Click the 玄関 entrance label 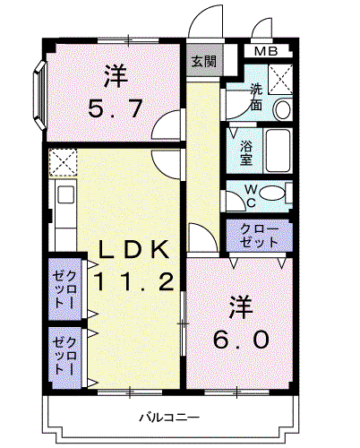point(203,62)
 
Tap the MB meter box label point(266,51)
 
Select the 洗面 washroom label point(256,97)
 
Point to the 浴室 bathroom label point(246,152)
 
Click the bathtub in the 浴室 point(279,151)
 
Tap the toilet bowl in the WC point(272,193)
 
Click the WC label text point(251,196)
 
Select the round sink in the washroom point(282,109)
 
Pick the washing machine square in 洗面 point(280,79)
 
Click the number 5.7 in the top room point(115,108)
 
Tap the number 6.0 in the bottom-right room point(241,340)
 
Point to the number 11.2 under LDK point(133,282)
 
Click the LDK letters point(133,249)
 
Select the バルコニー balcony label point(169,418)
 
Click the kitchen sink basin point(65,194)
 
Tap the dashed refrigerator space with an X point(63,162)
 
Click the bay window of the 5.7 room point(39,95)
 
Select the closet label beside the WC point(259,236)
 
